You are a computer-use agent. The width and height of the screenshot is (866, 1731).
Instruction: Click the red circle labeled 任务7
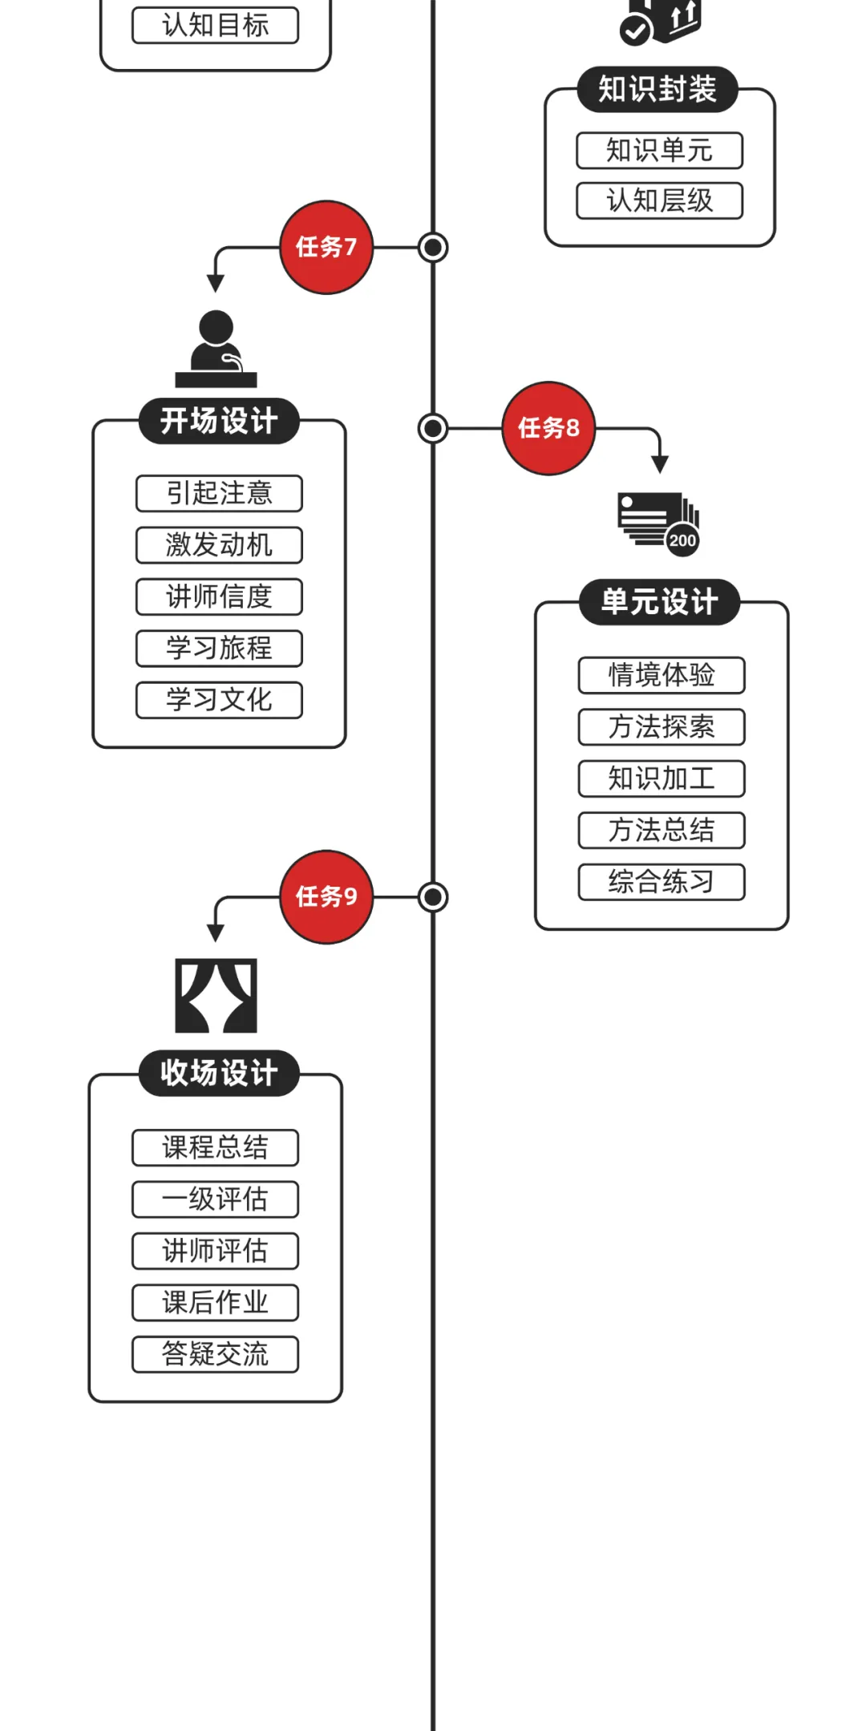point(326,247)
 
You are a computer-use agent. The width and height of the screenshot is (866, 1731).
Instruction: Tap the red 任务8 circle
point(548,428)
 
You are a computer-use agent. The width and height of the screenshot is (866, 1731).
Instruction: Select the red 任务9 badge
point(326,896)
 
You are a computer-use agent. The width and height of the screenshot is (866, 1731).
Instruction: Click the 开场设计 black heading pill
point(219,420)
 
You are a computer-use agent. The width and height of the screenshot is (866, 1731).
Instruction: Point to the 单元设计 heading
point(659,601)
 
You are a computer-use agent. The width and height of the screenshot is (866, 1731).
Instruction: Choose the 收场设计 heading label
point(219,1072)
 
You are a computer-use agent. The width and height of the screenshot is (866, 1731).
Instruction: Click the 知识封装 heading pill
point(657,89)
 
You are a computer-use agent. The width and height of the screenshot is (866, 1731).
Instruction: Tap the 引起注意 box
point(219,493)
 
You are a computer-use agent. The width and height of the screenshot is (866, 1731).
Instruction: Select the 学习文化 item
point(219,700)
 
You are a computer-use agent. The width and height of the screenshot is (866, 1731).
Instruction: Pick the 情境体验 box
point(662,675)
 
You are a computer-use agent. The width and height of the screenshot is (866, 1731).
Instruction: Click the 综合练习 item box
point(662,882)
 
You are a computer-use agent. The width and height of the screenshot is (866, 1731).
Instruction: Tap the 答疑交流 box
point(215,1354)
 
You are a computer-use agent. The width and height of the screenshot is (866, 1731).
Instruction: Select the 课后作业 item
point(215,1302)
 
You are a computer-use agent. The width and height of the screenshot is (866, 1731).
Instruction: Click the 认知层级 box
point(659,200)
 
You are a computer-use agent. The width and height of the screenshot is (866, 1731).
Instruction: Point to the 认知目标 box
point(215,25)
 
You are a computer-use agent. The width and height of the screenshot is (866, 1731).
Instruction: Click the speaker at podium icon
point(216,350)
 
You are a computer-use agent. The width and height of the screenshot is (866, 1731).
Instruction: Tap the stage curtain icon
point(216,995)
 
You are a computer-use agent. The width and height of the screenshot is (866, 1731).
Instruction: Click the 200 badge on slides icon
point(682,540)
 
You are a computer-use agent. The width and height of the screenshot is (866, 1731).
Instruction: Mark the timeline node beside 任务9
point(433,897)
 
